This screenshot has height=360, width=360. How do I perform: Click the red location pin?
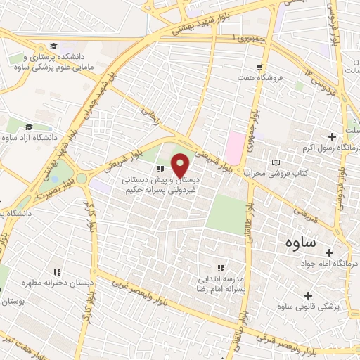click(180, 165)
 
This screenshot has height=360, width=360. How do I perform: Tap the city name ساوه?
click(300, 242)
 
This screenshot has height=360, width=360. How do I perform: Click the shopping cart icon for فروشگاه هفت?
click(259, 67)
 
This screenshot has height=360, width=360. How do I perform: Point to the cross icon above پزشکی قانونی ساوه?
click(306, 295)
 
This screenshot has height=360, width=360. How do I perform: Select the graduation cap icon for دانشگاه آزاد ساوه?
click(29, 127)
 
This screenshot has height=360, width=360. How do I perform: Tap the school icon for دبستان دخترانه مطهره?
click(57, 271)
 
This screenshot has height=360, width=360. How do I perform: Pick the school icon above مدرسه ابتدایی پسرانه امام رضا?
click(221, 267)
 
